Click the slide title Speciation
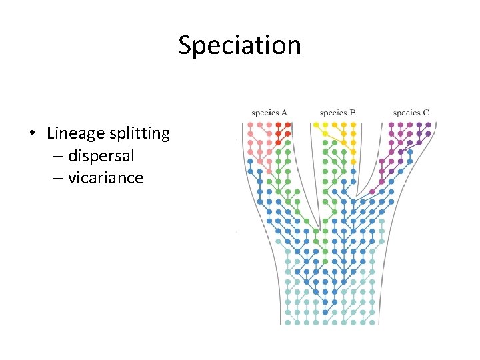(x=239, y=45)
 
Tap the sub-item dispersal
(x=101, y=156)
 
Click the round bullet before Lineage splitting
(x=33, y=134)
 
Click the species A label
(x=269, y=113)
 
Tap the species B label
(x=337, y=113)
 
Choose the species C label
(x=411, y=113)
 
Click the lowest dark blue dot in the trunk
(x=325, y=312)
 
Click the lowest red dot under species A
(x=278, y=143)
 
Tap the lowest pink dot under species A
(x=269, y=171)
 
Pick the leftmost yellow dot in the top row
(x=316, y=124)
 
